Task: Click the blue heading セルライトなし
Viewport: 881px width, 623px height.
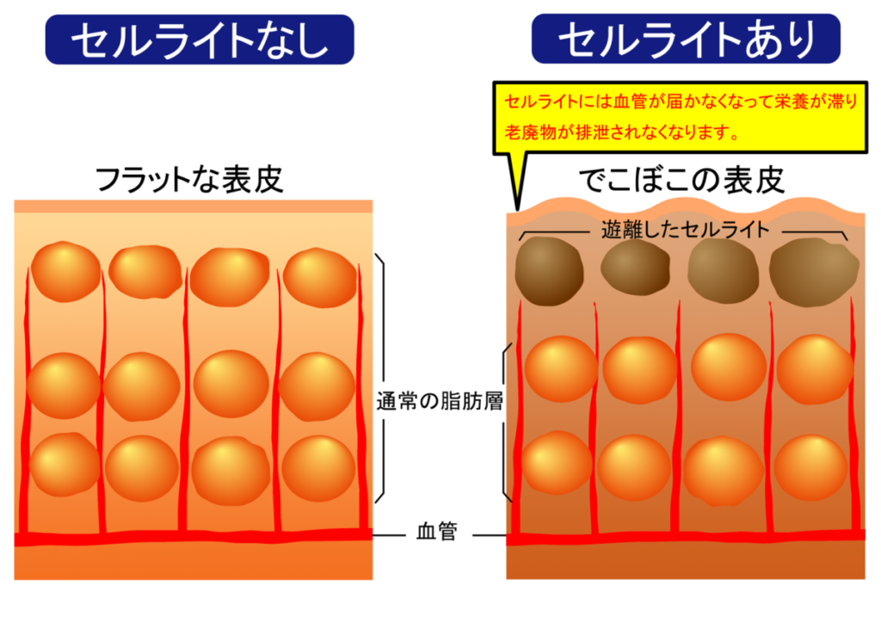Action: click(200, 40)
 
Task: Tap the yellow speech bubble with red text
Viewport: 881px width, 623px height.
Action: click(680, 115)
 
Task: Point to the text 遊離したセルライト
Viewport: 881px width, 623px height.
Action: click(684, 231)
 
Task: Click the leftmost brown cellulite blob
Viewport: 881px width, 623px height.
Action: click(550, 269)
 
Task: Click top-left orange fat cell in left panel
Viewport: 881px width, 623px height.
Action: click(65, 271)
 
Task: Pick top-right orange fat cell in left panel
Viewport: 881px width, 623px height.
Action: click(319, 276)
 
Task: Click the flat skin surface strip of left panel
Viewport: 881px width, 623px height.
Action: click(194, 207)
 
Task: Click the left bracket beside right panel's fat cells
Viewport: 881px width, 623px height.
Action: click(506, 422)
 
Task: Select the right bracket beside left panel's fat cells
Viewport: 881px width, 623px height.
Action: click(380, 379)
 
